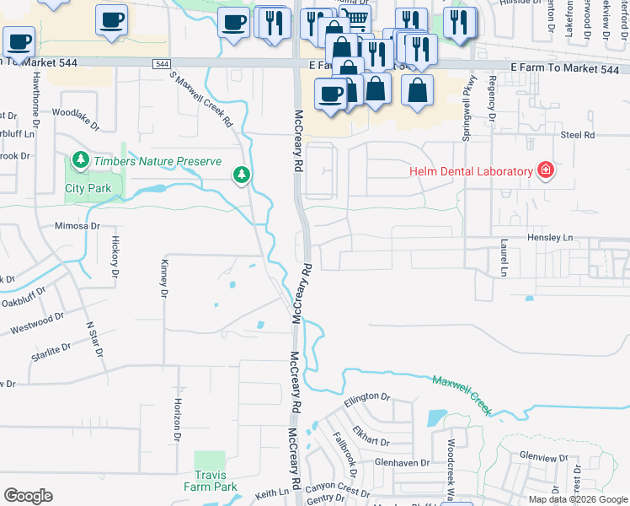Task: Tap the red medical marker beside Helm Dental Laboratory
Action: pyautogui.click(x=546, y=171)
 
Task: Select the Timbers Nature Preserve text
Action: pyautogui.click(x=157, y=161)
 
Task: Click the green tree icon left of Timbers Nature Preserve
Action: pyautogui.click(x=80, y=159)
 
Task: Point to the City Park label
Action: pyautogui.click(x=88, y=189)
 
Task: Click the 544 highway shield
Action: pyautogui.click(x=163, y=64)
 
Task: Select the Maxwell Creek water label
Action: pyautogui.click(x=462, y=393)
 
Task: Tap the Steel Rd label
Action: pyautogui.click(x=578, y=135)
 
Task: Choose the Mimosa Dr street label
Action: pyautogui.click(x=77, y=226)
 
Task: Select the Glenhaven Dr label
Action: pyautogui.click(x=403, y=462)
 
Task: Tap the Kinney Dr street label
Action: pyautogui.click(x=165, y=278)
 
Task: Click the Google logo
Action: pyautogui.click(x=28, y=496)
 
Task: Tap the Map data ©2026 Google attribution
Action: pyautogui.click(x=578, y=499)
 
